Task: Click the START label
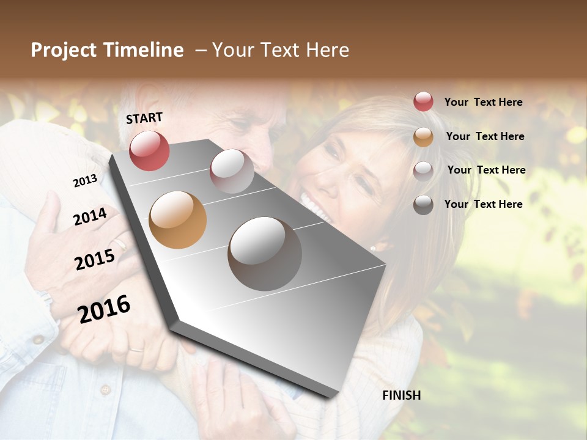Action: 144,117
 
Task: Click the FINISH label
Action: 401,395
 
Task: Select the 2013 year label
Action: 85,181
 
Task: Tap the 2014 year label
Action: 90,216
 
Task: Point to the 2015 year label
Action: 95,260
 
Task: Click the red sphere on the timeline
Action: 149,150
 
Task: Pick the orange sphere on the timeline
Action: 177,219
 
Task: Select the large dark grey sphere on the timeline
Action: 265,254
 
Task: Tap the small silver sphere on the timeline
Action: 232,170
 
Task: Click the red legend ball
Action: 423,101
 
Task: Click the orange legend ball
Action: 423,137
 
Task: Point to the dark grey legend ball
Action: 423,205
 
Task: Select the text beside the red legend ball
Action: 483,102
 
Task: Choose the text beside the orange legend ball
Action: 485,136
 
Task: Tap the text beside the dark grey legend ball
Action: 483,204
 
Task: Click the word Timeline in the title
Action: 144,50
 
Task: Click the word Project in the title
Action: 63,50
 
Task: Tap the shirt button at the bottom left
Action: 105,389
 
